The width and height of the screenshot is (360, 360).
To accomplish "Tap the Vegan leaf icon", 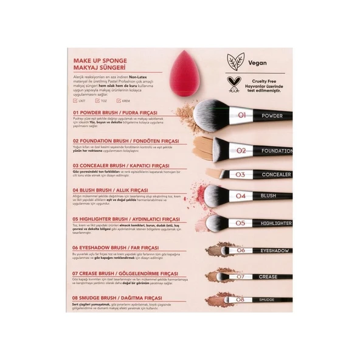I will (x=235, y=61).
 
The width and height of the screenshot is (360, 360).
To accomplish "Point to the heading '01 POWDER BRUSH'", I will (x=115, y=112).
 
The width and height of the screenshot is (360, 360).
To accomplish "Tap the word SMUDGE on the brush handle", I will (x=268, y=300).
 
